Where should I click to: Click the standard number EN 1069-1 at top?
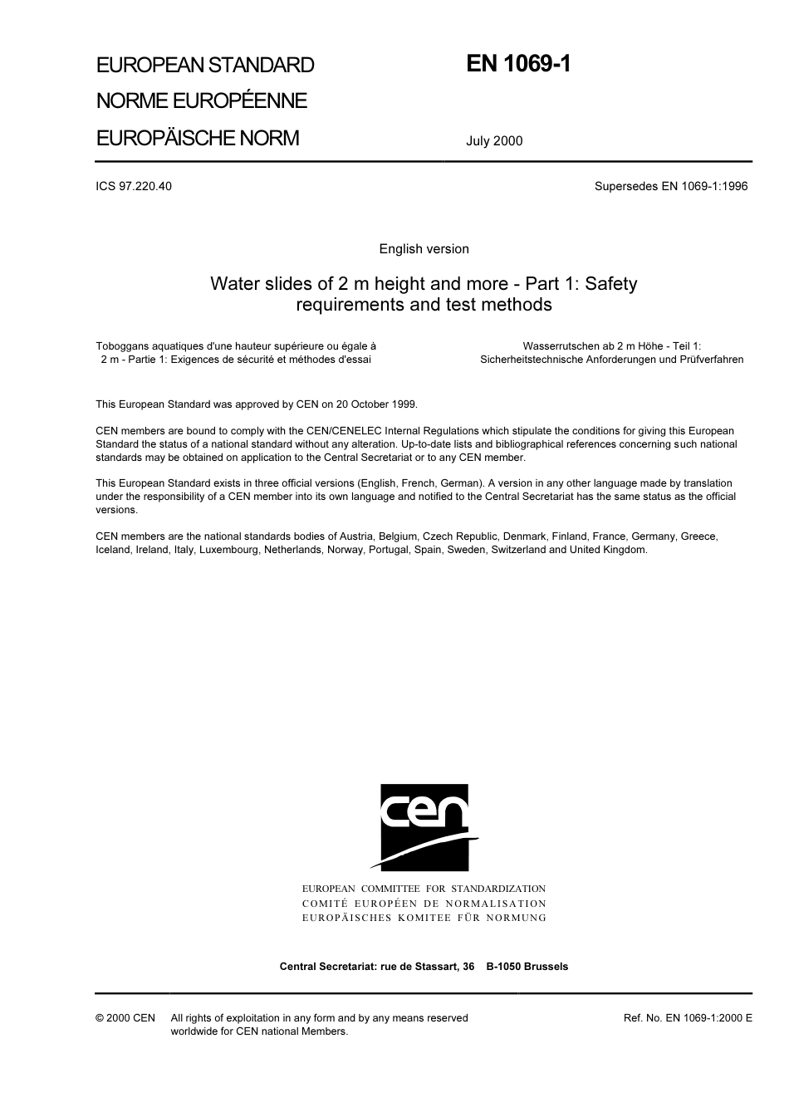click(x=518, y=64)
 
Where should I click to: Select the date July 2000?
click(x=494, y=141)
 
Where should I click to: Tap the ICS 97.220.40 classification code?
click(x=134, y=186)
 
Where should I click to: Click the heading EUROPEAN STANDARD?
click(x=205, y=65)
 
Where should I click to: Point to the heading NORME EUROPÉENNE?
click(x=202, y=101)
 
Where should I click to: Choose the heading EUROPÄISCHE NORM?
click(x=198, y=138)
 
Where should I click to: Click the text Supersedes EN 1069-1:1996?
click(x=670, y=186)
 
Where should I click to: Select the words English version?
click(x=424, y=249)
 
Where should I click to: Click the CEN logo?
click(x=424, y=826)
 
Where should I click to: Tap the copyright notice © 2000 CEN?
click(x=125, y=1018)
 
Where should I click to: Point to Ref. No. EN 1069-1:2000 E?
click(x=688, y=1018)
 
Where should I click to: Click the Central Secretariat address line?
click(x=424, y=967)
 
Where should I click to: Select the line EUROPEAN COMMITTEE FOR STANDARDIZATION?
click(x=424, y=889)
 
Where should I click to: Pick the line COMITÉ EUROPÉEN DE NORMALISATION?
click(x=424, y=904)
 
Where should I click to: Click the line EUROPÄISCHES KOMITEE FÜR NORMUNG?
click(x=424, y=918)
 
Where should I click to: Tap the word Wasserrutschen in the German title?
click(x=561, y=346)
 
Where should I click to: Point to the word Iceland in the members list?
click(x=113, y=550)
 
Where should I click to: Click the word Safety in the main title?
click(x=610, y=284)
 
